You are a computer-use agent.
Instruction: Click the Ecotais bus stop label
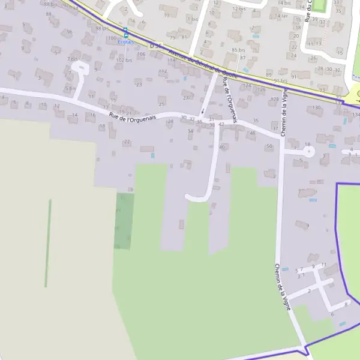click(126, 42)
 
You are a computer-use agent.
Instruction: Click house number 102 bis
click(124, 60)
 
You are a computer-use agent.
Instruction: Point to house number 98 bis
click(102, 28)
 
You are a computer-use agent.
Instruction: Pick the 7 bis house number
click(73, 59)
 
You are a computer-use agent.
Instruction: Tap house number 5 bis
click(70, 88)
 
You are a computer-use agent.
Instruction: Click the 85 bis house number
click(238, 50)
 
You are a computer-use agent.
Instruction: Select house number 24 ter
click(281, 16)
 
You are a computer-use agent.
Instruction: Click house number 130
click(317, 107)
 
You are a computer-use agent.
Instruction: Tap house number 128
click(275, 99)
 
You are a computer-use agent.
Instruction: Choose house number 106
click(142, 54)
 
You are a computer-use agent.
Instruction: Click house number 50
click(269, 146)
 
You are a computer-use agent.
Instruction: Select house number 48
click(252, 133)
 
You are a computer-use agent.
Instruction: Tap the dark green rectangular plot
click(124, 221)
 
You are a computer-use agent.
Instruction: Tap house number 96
click(70, 32)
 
